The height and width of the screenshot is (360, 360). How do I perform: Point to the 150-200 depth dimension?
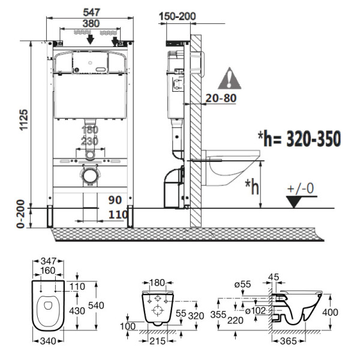tap(179, 16)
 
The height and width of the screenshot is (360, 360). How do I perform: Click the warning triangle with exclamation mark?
tap(229, 79)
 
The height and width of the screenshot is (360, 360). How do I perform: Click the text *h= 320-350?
tap(299, 139)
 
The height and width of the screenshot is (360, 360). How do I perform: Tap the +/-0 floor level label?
tap(301, 188)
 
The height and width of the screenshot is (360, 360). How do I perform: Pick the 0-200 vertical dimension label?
tap(22, 214)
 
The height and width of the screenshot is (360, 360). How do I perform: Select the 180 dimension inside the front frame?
tap(89, 130)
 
